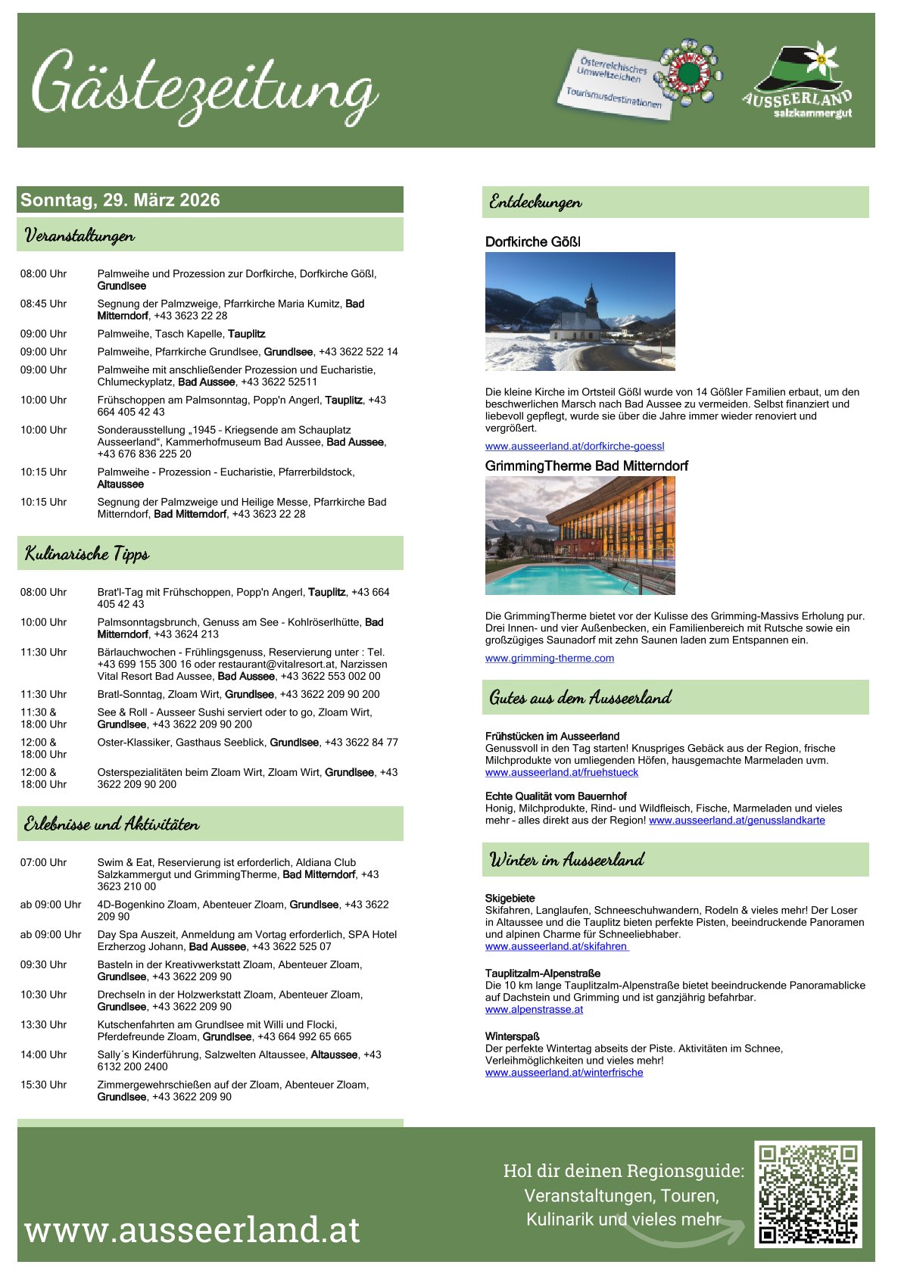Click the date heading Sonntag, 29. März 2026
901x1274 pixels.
[120, 200]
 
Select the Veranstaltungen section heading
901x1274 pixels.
[79, 235]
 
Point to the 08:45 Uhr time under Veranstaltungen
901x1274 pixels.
[43, 304]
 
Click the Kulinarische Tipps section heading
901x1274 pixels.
[87, 553]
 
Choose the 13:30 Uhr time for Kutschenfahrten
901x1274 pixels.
[43, 1024]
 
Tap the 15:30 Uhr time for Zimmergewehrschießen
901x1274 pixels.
[43, 1085]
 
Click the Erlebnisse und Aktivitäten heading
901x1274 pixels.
[111, 824]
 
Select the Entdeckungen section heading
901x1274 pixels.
[535, 202]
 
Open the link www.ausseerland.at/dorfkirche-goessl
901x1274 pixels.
[575, 447]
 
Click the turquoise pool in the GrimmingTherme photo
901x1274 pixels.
[560, 580]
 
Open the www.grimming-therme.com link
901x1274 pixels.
[550, 659]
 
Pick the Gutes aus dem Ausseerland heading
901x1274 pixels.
[580, 697]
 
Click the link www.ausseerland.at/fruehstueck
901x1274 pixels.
[562, 772]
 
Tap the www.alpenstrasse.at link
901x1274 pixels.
[534, 1009]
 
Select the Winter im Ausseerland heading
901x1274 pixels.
[566, 860]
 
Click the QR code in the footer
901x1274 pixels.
[808, 1194]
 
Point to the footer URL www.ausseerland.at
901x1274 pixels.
[192, 1229]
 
